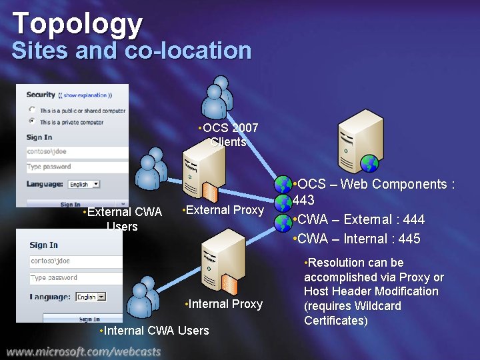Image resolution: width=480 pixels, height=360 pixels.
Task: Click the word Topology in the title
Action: coord(77,23)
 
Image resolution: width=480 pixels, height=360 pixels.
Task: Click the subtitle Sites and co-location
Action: coord(131,51)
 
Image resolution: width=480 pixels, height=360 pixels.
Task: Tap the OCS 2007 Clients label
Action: coord(229,135)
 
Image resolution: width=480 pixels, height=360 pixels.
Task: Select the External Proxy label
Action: coord(223,211)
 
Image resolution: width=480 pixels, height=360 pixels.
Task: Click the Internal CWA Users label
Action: coord(154,331)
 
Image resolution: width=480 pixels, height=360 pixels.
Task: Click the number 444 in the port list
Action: coord(414,219)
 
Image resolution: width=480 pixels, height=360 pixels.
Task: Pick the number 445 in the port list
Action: coord(409,239)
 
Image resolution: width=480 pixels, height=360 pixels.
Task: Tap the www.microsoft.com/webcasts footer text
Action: coord(85,351)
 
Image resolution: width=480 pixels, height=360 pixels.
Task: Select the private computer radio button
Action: coord(32,121)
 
